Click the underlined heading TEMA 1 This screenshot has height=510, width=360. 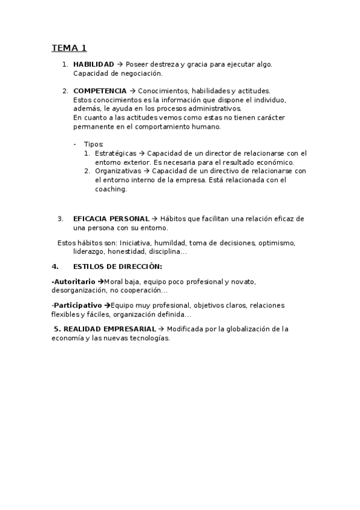(69, 48)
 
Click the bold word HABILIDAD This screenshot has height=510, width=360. (93, 64)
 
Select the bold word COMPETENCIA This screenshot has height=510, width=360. (100, 91)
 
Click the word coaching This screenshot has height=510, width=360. (111, 189)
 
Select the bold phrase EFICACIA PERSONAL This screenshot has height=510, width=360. (111, 218)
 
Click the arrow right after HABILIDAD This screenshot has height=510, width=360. (120, 64)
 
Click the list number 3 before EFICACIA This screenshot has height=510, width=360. (60, 218)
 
